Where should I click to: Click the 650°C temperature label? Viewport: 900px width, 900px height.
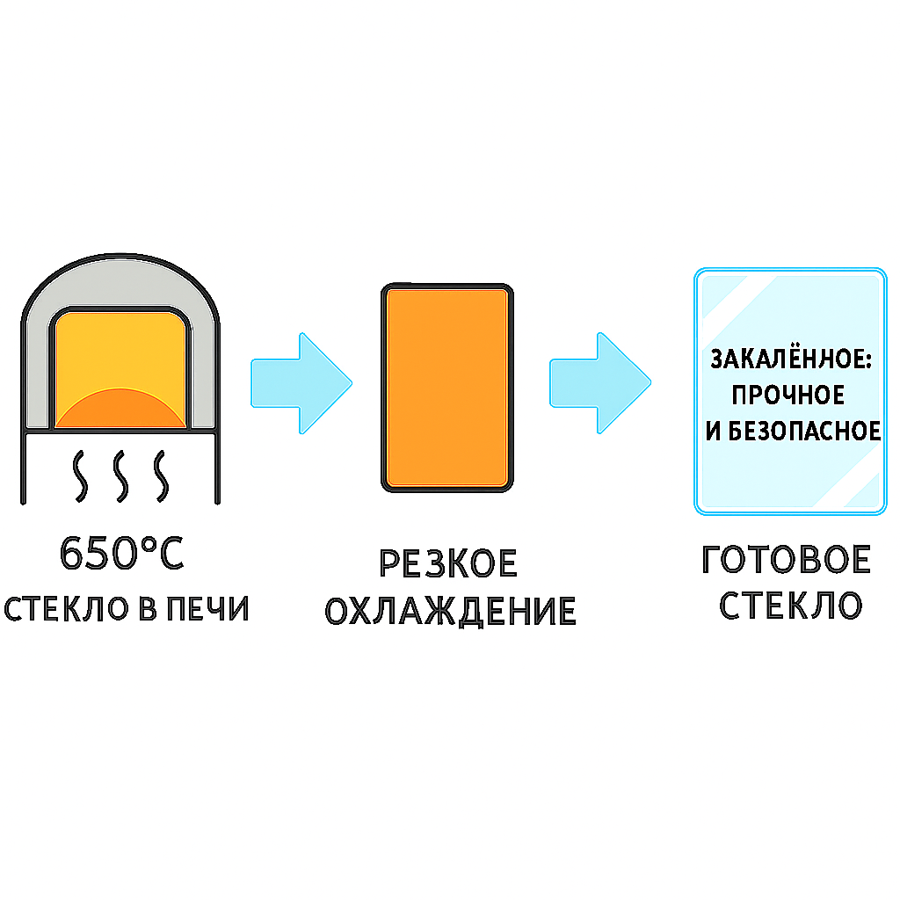tap(122, 554)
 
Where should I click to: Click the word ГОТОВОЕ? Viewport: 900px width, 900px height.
tap(787, 561)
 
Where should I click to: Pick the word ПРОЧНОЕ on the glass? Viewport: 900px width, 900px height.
tap(788, 396)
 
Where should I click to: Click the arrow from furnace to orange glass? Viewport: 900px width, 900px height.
tap(301, 382)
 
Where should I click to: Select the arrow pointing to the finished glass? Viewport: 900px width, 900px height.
tap(600, 382)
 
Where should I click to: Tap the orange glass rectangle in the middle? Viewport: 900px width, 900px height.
tap(446, 387)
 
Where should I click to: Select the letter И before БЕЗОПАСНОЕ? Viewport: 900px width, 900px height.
tap(713, 432)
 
